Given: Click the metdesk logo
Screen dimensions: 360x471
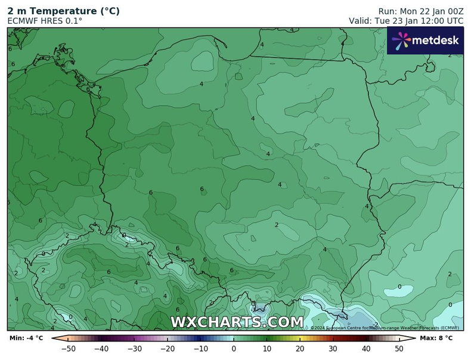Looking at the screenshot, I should [x=424, y=41].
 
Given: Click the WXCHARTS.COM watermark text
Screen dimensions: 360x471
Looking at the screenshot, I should [x=237, y=322].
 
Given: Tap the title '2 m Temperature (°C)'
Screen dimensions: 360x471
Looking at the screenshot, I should [x=63, y=11].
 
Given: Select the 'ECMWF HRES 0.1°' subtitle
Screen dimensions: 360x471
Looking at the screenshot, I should [x=45, y=21].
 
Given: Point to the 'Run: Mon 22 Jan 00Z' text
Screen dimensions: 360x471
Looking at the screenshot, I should [x=420, y=11].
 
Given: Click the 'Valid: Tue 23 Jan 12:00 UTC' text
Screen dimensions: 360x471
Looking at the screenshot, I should [x=405, y=21].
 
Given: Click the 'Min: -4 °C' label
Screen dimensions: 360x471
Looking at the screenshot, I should [x=26, y=339].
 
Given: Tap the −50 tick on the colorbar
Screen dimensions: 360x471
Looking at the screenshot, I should [x=69, y=349].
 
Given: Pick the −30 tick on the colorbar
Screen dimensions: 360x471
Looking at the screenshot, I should [x=135, y=349].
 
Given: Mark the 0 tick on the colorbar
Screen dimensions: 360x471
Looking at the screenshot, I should [x=234, y=349].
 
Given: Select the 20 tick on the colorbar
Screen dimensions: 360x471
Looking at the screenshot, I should [x=300, y=349].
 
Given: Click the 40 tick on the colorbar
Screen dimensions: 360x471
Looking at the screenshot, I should [x=366, y=349].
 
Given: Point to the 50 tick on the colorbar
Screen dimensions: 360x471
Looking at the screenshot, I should [x=399, y=349].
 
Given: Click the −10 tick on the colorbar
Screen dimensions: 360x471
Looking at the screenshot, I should [x=201, y=349].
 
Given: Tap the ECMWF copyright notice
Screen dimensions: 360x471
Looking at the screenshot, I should [x=384, y=328].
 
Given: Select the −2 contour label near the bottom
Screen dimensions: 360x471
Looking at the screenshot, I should [x=376, y=324].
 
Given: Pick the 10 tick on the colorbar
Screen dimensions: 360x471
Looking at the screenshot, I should [x=267, y=349].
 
